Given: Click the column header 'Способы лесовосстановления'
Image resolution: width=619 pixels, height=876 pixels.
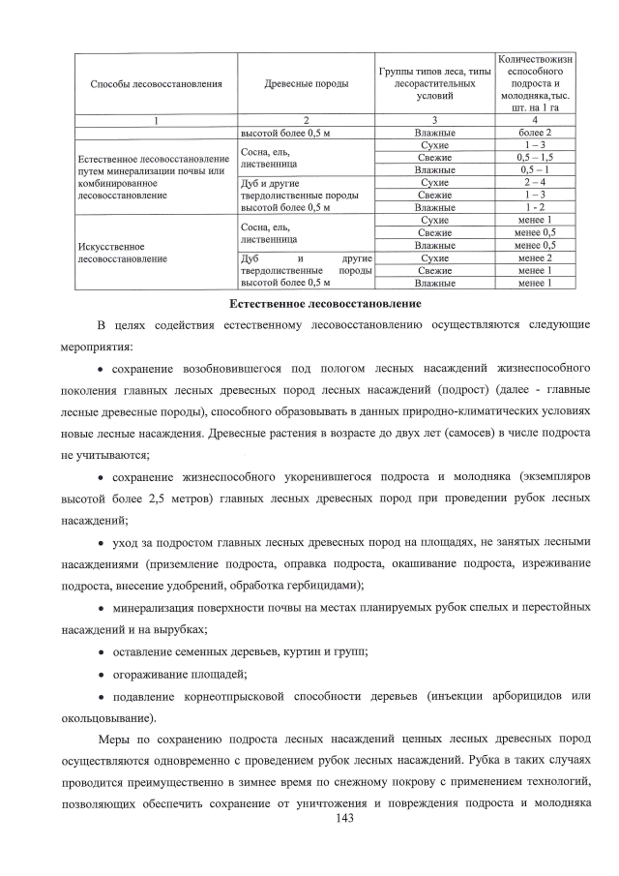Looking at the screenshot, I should (156, 84).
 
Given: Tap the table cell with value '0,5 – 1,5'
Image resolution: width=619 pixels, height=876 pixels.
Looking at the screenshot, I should (535, 157).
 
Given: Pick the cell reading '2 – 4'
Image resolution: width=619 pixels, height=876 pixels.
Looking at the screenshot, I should (535, 182).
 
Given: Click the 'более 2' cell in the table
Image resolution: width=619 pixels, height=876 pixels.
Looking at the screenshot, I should (535, 132).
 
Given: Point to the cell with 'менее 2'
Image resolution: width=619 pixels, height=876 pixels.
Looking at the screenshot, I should (535, 258).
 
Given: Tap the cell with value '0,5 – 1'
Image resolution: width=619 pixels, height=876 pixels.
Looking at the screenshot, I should (535, 169).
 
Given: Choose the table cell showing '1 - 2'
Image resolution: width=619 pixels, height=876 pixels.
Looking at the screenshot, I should (535, 207).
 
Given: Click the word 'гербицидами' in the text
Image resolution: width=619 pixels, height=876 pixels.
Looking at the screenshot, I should (329, 586).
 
